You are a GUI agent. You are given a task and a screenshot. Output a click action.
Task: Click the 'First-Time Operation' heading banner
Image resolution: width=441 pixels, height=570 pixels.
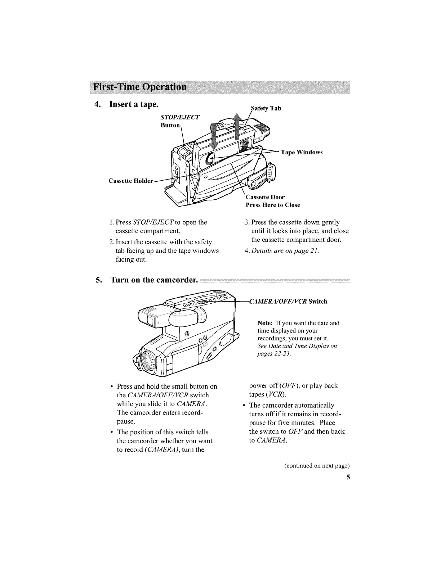(140, 87)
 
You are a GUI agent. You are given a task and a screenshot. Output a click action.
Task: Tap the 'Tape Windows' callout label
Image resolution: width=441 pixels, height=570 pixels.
(302, 152)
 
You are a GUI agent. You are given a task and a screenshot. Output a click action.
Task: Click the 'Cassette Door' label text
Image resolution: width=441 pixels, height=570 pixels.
(265, 197)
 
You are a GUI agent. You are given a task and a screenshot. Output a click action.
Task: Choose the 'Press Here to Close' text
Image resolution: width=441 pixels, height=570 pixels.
(273, 205)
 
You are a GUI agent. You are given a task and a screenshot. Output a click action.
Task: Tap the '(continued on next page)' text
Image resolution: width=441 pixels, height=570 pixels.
(317, 466)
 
